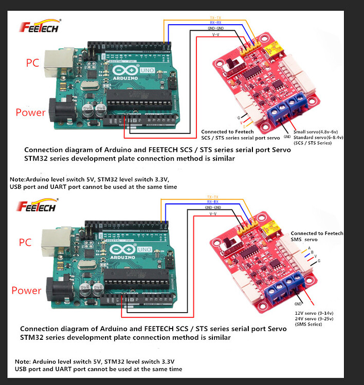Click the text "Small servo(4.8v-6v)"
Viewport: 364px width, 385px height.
point(318,132)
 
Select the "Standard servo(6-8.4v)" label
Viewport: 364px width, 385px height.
point(318,138)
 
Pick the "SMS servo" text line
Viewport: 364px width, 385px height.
point(304,240)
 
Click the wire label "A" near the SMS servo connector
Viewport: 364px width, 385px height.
point(310,248)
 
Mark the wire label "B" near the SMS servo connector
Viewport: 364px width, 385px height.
point(312,253)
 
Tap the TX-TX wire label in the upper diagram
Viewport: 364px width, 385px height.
point(216,17)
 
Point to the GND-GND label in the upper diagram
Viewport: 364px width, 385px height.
point(216,28)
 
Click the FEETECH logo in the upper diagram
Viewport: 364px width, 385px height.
point(40,27)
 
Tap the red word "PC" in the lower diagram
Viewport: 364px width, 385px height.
point(25,242)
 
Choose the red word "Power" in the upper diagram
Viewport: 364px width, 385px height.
point(30,112)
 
